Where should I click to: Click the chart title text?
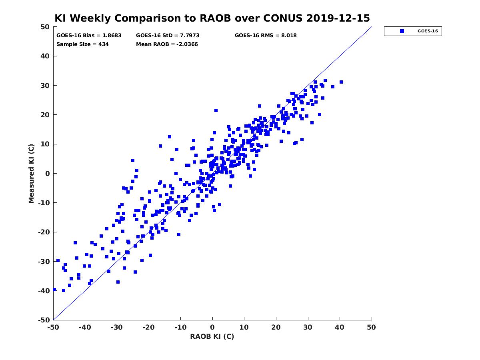tap(212, 18)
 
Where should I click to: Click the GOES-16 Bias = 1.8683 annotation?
tap(89, 36)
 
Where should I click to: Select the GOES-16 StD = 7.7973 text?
tap(168, 36)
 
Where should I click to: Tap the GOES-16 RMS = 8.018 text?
tap(266, 36)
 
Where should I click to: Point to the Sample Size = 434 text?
tap(82, 44)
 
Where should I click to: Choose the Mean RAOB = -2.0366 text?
tap(167, 44)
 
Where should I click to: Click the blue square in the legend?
tap(402, 31)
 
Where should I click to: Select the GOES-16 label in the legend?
tap(428, 31)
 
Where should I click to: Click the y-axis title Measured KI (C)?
tap(31, 173)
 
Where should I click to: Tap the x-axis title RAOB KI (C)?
tap(212, 336)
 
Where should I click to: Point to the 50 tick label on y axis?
tap(45, 27)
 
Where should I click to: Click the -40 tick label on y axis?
tap(44, 291)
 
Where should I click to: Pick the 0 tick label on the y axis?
tap(48, 174)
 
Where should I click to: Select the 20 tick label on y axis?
tap(45, 115)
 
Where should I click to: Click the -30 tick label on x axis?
tap(116, 327)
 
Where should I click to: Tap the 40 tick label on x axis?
tap(339, 327)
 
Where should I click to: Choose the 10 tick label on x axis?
tap(244, 327)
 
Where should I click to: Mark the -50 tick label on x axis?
tap(53, 327)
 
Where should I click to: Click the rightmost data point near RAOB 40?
tap(341, 82)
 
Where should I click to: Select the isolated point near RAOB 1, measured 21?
tap(216, 110)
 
